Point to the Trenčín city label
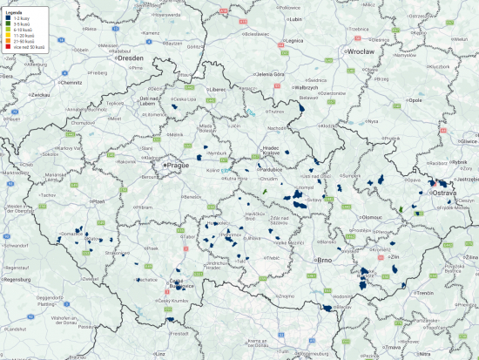(x=424, y=293)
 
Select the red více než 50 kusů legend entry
(x=21, y=45)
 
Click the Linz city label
(x=159, y=356)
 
